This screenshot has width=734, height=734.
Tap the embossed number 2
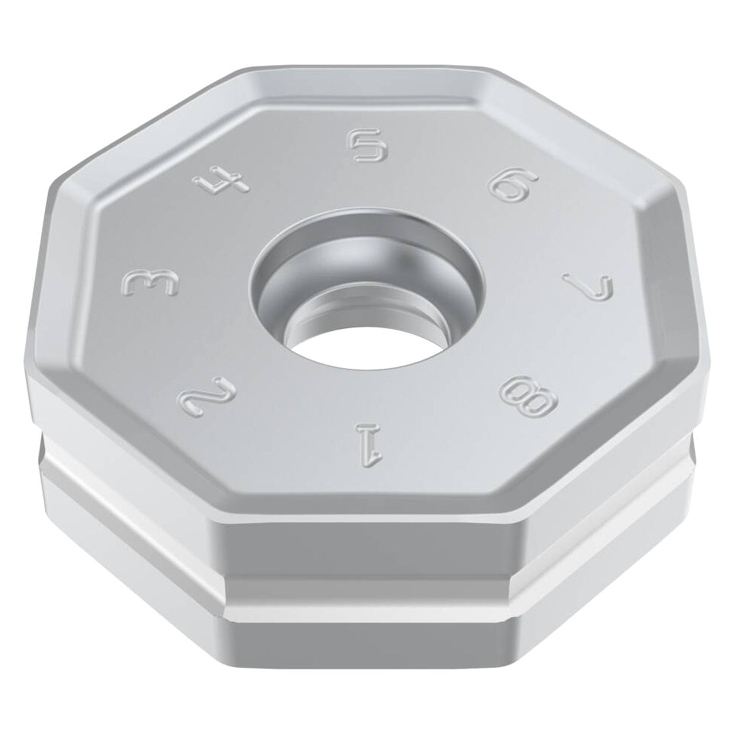tap(207, 400)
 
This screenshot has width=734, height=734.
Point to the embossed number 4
tap(222, 182)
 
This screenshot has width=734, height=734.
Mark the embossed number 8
tap(528, 399)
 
